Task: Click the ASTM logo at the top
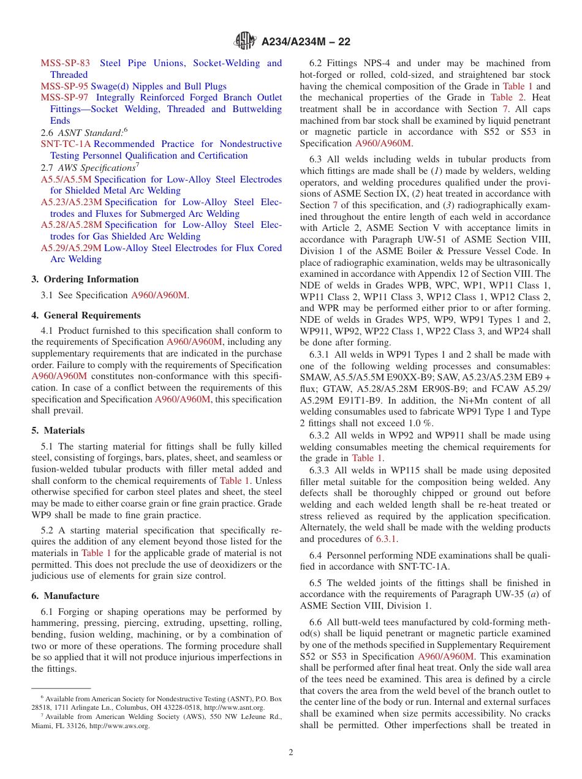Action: click(x=245, y=42)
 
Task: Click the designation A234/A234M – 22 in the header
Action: click(x=306, y=42)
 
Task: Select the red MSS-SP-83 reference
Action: click(x=65, y=63)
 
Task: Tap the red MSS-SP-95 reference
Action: click(x=64, y=86)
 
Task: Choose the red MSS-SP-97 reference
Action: click(x=64, y=97)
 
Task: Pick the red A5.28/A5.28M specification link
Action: click(x=72, y=225)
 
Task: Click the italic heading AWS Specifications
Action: click(x=96, y=168)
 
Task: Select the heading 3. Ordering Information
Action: click(x=85, y=279)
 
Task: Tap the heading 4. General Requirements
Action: click(x=86, y=315)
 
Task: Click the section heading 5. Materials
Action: click(x=58, y=431)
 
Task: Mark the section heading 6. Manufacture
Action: click(x=65, y=596)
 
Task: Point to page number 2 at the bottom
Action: click(x=291, y=752)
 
